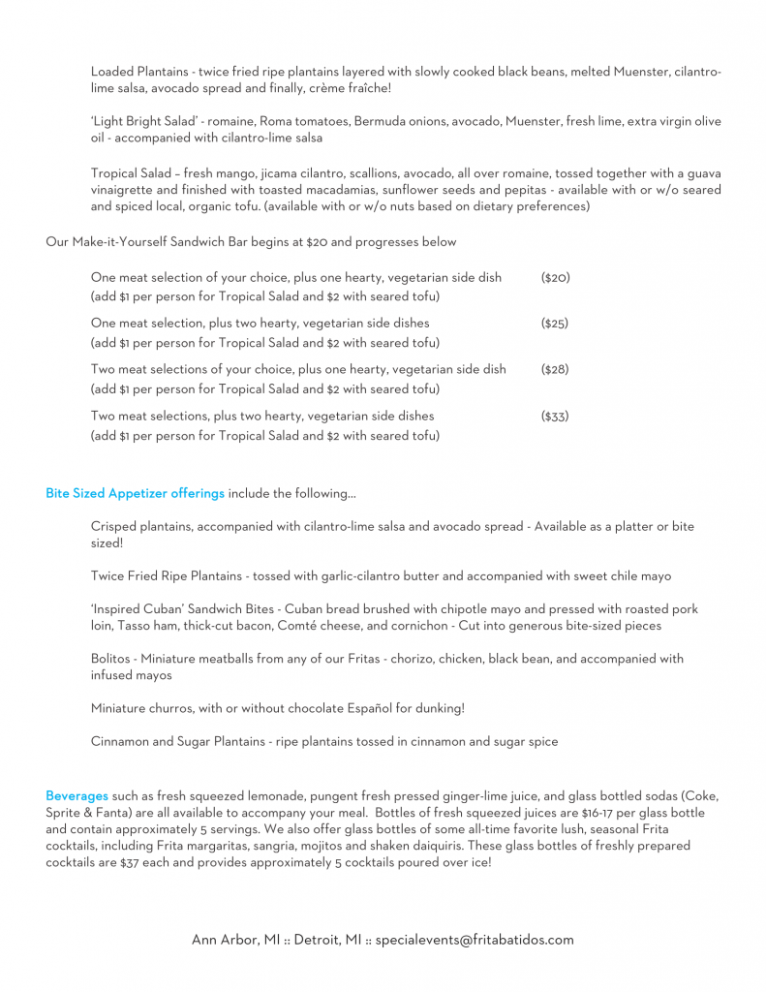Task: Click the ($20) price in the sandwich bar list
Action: click(555, 277)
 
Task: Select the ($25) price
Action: click(555, 323)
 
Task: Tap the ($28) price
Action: click(555, 369)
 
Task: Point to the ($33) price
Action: click(555, 416)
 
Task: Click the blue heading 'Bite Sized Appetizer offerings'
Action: click(135, 493)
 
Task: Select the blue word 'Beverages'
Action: click(77, 795)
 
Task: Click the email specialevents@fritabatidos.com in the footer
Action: click(475, 940)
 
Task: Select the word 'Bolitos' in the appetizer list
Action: click(111, 659)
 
